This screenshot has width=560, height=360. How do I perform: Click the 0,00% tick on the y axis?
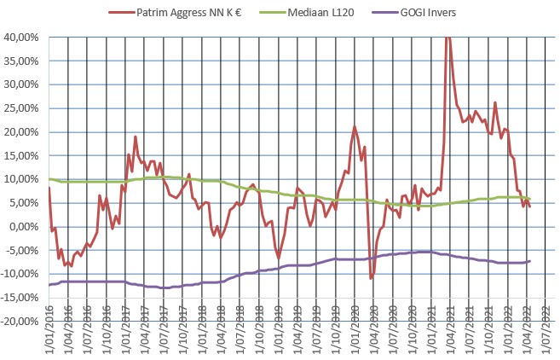26,227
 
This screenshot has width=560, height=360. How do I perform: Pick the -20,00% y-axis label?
20,322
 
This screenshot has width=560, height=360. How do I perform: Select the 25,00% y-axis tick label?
22,108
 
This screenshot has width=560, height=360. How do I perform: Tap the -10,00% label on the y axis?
20,275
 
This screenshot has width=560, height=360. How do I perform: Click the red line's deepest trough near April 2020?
371,278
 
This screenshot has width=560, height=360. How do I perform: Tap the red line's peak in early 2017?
135,136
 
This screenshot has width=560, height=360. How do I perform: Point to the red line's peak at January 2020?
355,127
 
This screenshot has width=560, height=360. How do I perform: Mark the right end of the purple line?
530,261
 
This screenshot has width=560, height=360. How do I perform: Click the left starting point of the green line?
49,179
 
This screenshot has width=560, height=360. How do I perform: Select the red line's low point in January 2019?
279,257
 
